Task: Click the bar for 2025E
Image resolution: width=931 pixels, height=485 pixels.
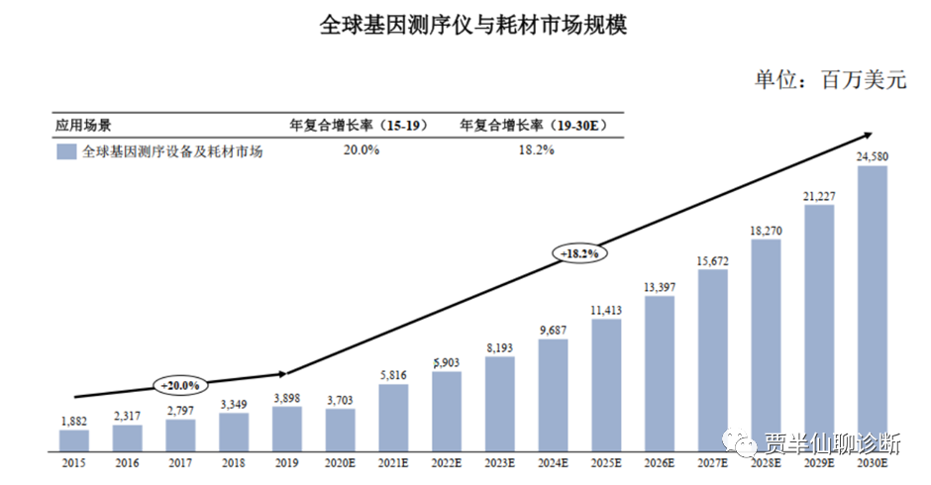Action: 606,385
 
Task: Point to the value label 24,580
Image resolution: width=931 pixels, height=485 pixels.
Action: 873,155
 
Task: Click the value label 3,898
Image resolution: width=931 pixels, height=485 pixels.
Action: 287,397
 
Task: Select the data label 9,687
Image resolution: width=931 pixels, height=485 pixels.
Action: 553,330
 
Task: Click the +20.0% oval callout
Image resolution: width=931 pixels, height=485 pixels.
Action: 180,385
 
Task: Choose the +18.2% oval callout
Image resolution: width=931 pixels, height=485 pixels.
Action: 579,253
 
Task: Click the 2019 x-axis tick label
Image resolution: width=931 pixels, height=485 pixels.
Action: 287,462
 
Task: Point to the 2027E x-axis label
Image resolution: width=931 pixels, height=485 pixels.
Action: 713,462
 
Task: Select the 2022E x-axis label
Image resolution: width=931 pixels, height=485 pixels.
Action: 447,462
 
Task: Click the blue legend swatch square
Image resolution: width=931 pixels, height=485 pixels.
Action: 66,151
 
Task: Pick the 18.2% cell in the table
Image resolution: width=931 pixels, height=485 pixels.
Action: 534,150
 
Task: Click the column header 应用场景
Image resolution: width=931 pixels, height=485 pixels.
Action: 83,125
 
